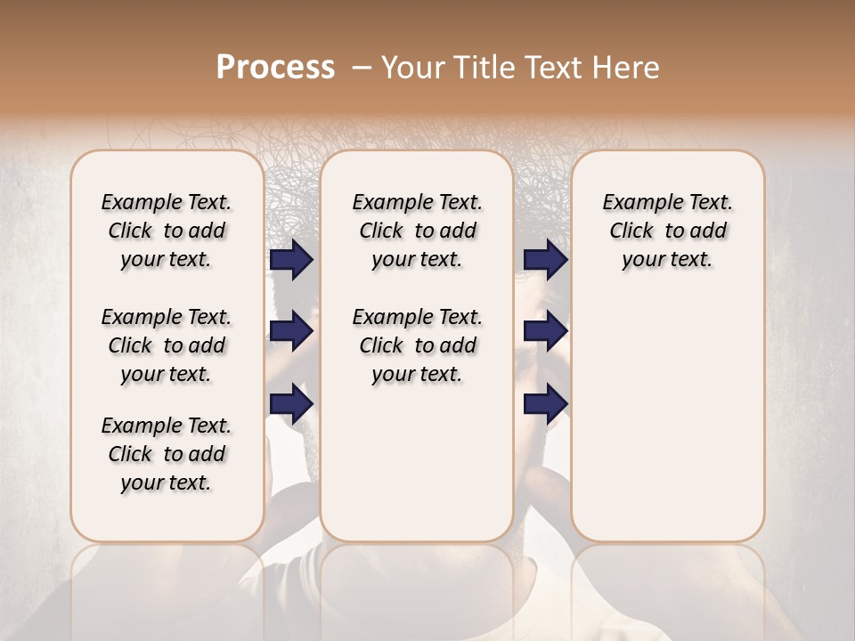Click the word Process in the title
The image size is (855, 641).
(275, 68)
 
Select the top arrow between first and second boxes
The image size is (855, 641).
(291, 259)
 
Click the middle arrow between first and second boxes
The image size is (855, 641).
(291, 331)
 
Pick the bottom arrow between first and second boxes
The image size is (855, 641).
(291, 404)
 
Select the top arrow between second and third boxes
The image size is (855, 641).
(545, 259)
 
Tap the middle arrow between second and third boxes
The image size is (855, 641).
(545, 331)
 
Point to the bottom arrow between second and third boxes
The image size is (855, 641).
(545, 404)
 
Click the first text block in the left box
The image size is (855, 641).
(167, 231)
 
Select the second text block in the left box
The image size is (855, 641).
(167, 345)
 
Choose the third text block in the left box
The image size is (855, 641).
(167, 454)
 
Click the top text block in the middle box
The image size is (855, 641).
(417, 231)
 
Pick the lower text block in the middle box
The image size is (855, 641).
(417, 345)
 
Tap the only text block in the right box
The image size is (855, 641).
(668, 231)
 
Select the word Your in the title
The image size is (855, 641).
(410, 68)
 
